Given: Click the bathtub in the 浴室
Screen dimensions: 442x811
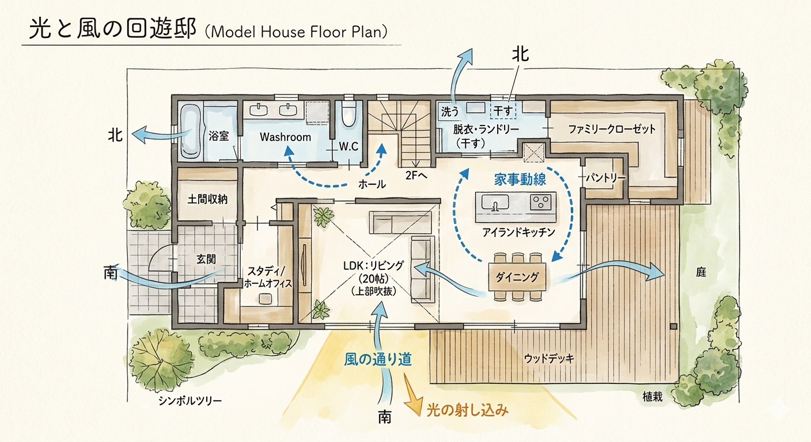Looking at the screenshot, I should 191,131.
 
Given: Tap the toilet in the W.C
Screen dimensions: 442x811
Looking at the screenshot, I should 348,115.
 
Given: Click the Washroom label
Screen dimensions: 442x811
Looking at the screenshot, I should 285,137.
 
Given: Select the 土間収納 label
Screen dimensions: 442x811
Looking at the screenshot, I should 207,199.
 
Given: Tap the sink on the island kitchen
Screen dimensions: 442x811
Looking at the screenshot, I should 493,203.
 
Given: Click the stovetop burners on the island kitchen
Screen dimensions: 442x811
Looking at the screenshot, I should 541,202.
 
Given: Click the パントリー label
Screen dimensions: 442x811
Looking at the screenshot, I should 605,178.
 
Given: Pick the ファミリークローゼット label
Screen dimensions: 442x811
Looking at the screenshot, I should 612,129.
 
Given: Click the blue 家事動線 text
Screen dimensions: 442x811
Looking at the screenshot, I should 520,178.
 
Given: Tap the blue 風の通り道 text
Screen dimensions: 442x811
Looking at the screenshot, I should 377,359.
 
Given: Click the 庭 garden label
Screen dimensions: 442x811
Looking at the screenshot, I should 700,272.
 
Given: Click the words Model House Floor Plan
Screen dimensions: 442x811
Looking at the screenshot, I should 296,32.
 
